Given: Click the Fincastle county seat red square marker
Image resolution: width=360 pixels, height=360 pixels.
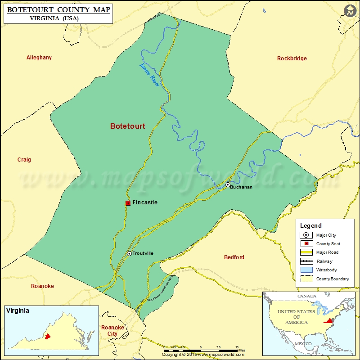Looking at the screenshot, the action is tap(128, 203).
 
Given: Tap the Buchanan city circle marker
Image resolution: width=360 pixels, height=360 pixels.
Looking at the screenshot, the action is tap(228, 184).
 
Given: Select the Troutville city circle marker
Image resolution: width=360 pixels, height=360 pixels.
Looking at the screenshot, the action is tap(129, 253).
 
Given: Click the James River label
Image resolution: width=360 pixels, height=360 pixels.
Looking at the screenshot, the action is tap(149, 75).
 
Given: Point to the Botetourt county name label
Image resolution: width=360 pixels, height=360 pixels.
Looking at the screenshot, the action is tap(128, 126).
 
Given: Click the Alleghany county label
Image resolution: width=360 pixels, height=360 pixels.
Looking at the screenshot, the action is tap(39, 58).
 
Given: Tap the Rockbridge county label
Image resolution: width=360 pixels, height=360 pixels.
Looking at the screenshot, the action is tap(292, 58).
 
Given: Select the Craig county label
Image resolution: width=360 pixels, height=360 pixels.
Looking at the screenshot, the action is tap(24, 160).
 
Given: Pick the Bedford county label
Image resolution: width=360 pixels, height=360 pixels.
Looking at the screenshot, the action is tap(234, 257).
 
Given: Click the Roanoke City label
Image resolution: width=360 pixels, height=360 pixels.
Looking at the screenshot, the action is tap(109, 331).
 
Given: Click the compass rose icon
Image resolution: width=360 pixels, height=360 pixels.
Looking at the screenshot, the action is tap(350, 11).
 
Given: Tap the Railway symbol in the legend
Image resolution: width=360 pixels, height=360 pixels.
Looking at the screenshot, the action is tap(306, 261).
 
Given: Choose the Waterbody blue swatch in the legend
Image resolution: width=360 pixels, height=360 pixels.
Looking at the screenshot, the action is tap(306, 270).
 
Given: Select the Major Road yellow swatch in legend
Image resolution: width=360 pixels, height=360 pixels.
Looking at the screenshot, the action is tap(306, 252).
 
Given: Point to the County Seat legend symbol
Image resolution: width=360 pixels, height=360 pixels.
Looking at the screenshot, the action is tap(306, 243).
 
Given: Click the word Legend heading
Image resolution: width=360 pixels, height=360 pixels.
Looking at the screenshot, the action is tap(311, 226).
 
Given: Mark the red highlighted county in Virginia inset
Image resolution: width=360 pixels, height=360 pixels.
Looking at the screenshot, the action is tap(46, 337).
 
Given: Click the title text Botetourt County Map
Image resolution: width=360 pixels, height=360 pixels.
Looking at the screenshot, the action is tap(58, 9).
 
